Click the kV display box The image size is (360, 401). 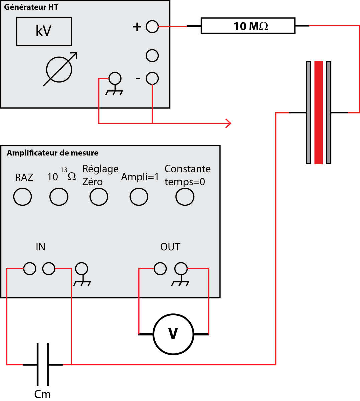(44, 31)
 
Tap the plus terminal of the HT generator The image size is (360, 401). (152, 27)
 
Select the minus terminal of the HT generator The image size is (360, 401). (152, 78)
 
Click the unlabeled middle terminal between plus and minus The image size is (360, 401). (152, 56)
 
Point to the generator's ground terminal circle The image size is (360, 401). (115, 79)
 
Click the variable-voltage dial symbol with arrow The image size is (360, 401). (59, 70)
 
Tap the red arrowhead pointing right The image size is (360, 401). (229, 123)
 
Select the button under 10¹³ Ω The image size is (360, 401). (59, 197)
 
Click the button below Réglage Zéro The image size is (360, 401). (99, 197)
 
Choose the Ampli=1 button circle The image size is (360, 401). (139, 197)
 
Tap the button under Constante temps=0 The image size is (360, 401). (185, 197)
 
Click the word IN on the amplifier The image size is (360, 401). (40, 247)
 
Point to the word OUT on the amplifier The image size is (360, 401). (170, 247)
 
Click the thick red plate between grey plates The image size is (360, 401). (319, 113)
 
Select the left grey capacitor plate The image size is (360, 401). (308, 113)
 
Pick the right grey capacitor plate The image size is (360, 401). (329, 113)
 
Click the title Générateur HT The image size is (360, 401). (31, 7)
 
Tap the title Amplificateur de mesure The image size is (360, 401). (52, 153)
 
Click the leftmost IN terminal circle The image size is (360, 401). (30, 268)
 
